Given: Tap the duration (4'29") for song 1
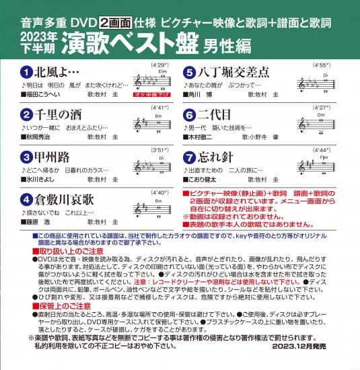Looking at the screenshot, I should [154, 63].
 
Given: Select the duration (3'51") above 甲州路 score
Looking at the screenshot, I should [154, 149].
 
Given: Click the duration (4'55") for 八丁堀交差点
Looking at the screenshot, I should [320, 63].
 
